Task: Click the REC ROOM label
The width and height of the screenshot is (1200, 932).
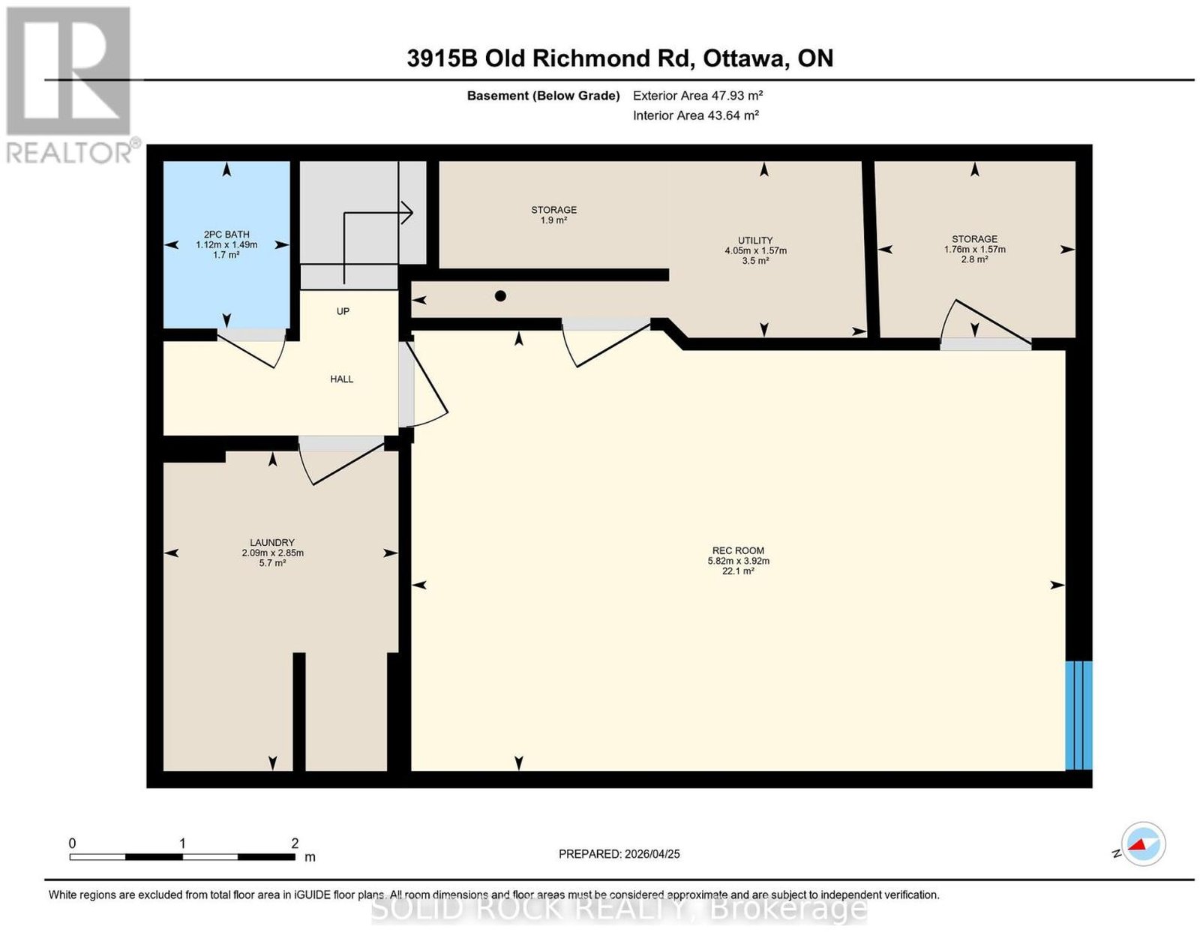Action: point(738,550)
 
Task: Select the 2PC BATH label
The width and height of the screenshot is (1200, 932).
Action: point(226,235)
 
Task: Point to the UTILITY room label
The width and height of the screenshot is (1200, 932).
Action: point(755,240)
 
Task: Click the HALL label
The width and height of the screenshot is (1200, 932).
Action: point(341,379)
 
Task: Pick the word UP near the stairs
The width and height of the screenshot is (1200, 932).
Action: point(343,311)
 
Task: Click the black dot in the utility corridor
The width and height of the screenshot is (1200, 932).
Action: point(500,296)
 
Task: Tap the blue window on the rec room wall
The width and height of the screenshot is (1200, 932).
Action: point(1078,715)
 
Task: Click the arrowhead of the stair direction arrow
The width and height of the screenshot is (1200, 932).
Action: point(407,212)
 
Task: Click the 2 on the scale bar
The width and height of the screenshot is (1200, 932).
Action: point(295,844)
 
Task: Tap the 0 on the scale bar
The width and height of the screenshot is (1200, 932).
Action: point(72,844)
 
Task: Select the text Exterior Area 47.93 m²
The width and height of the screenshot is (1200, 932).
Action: point(697,95)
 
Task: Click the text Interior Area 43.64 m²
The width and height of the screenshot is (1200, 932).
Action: point(696,115)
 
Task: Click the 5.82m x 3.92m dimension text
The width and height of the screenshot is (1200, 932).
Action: point(738,561)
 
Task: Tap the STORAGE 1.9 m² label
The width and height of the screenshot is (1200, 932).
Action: point(554,214)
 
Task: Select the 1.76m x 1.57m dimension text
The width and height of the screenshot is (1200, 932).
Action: point(975,250)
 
